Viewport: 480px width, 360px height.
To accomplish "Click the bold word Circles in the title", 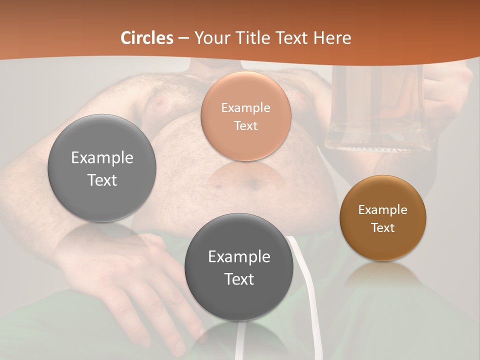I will coord(147,38).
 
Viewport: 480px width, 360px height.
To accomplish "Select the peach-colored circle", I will coord(245,116).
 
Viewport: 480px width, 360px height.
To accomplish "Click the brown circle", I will coord(382,217).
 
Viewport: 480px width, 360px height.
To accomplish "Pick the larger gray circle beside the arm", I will coord(102,168).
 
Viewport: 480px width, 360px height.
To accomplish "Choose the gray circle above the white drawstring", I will coord(239,267).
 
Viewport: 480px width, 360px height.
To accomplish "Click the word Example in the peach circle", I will coord(245,107).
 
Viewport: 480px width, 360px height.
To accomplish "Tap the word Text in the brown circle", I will coord(383,227).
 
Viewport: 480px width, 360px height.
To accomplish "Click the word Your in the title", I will coord(209,38).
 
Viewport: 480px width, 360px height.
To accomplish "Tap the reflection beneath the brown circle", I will coord(382,272).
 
